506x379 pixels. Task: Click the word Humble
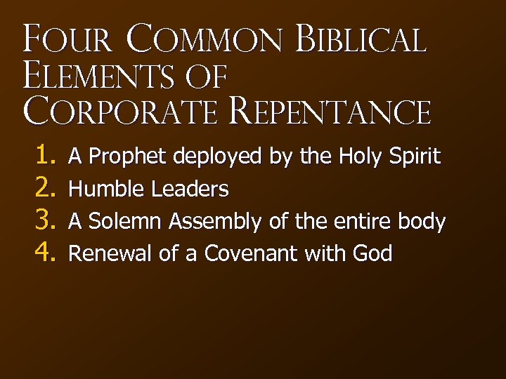coord(105,189)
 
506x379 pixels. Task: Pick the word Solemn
coord(126,222)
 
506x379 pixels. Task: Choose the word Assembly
coord(216,222)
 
